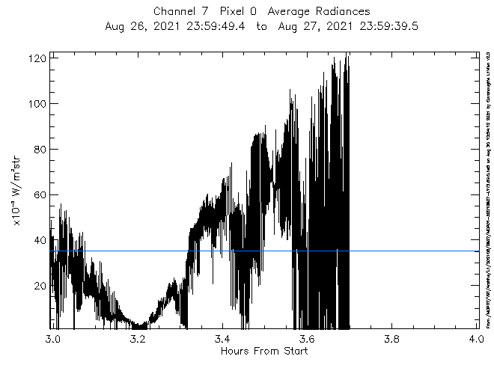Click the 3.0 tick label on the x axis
tap(51, 339)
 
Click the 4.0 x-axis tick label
tap(477, 339)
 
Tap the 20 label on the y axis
tap(39, 286)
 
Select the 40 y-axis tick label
tap(39, 240)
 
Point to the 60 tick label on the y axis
tap(39, 194)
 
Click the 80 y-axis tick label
tap(39, 149)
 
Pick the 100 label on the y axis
tap(36, 103)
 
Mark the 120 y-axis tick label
tap(36, 58)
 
